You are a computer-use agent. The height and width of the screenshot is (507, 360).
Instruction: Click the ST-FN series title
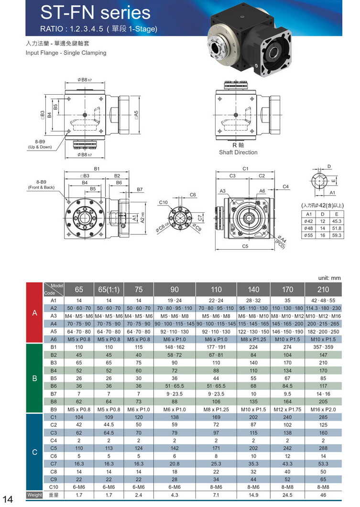95,13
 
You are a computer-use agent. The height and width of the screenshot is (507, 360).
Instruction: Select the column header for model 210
323,289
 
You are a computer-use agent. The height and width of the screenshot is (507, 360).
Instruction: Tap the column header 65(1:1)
109,289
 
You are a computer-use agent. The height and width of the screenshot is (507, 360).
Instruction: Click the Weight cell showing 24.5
287,495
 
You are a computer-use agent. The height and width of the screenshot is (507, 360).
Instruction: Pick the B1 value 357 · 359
323,347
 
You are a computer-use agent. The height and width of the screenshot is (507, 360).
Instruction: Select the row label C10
54,487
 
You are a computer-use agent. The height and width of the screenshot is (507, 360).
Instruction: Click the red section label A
34,313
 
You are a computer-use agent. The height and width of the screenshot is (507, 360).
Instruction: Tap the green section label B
34,378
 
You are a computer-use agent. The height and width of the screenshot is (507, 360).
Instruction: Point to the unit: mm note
329,277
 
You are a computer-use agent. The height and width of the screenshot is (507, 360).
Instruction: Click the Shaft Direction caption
238,153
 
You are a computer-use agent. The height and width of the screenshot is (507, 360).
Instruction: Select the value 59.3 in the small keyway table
337,235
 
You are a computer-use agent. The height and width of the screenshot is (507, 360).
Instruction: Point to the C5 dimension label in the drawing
245,246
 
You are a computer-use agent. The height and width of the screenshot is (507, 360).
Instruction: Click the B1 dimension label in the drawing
97,169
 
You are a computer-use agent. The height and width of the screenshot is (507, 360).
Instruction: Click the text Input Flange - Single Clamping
66,53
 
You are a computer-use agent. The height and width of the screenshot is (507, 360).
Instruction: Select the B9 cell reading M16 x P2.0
323,409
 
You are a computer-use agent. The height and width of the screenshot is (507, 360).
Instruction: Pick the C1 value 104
79,417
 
